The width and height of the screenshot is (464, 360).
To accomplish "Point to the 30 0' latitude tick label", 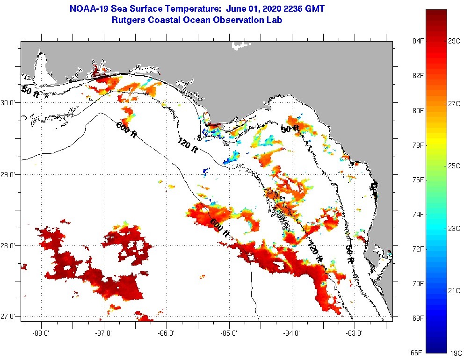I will [x=9, y=102].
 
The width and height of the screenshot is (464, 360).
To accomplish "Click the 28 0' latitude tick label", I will [x=9, y=245].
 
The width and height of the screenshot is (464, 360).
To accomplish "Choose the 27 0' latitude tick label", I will [x=9, y=317].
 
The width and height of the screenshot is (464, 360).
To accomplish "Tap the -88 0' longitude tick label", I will [x=42, y=333].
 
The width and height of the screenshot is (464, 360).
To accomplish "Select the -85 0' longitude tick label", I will [x=230, y=333].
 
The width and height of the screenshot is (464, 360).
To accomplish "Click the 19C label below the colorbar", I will [x=454, y=353].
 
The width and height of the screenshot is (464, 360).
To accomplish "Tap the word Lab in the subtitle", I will [x=275, y=20].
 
